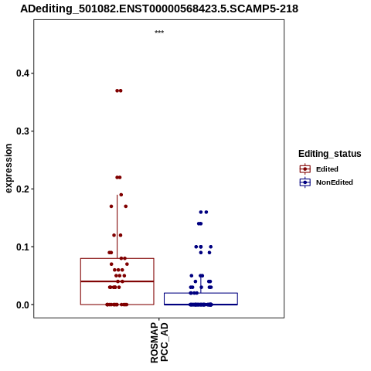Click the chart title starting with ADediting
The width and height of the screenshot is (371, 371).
click(159, 9)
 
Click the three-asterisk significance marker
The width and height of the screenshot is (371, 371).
click(159, 32)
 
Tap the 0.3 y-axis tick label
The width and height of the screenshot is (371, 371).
click(22, 131)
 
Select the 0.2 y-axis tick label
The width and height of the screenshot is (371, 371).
click(22, 189)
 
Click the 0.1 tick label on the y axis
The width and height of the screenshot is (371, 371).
click(22, 247)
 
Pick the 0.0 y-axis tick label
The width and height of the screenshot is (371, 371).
click(22, 305)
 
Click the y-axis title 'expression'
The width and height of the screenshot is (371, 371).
click(9, 168)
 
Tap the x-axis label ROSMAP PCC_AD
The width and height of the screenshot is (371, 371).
click(159, 342)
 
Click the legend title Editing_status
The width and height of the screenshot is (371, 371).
click(330, 154)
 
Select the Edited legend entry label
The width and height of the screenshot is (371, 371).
click(327, 169)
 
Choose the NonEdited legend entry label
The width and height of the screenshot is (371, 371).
click(335, 182)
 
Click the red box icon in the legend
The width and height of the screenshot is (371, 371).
click(305, 169)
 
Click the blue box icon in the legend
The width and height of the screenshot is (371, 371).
click(305, 182)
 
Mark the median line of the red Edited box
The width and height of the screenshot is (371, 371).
click(117, 281)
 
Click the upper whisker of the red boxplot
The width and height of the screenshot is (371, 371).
click(117, 226)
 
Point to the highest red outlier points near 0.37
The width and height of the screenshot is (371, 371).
click(119, 90)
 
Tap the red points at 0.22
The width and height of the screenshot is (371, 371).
click(118, 177)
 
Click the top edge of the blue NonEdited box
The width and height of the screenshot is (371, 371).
click(201, 293)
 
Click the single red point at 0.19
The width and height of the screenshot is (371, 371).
click(121, 195)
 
